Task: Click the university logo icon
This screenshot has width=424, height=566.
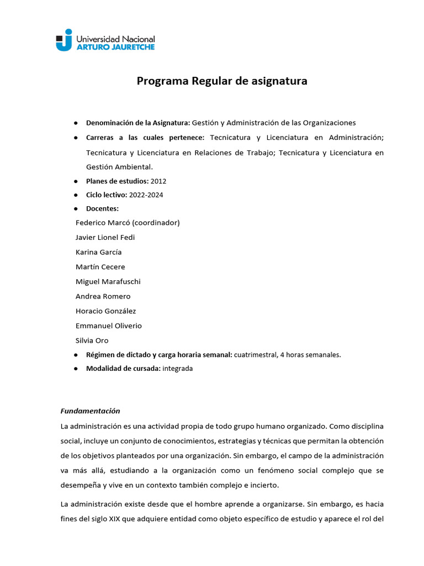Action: (x=64, y=40)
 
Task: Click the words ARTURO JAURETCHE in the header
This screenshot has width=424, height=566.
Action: (x=115, y=48)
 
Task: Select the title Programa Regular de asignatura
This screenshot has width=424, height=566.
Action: (x=222, y=81)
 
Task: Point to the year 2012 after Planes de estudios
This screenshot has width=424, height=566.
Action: (x=158, y=181)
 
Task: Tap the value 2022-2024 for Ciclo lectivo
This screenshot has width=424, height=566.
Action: (x=146, y=195)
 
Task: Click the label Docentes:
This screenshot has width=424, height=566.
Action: (x=102, y=208)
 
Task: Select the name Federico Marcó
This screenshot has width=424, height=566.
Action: (x=103, y=223)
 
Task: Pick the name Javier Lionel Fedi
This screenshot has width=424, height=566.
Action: (x=105, y=238)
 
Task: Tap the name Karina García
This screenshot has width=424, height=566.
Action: (x=98, y=252)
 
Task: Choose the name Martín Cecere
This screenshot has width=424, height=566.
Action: (x=100, y=267)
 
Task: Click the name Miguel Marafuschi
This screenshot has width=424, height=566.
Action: (x=108, y=281)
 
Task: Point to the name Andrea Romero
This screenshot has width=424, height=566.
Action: (x=103, y=296)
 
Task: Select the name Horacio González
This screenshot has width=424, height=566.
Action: (x=105, y=311)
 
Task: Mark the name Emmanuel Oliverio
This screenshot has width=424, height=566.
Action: (x=108, y=326)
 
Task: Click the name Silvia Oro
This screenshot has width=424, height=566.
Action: (x=92, y=340)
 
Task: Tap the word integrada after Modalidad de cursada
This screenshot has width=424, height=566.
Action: (x=177, y=368)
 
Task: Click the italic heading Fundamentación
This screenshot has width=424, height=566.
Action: (x=89, y=411)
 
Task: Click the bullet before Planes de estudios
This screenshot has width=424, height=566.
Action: (x=75, y=181)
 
